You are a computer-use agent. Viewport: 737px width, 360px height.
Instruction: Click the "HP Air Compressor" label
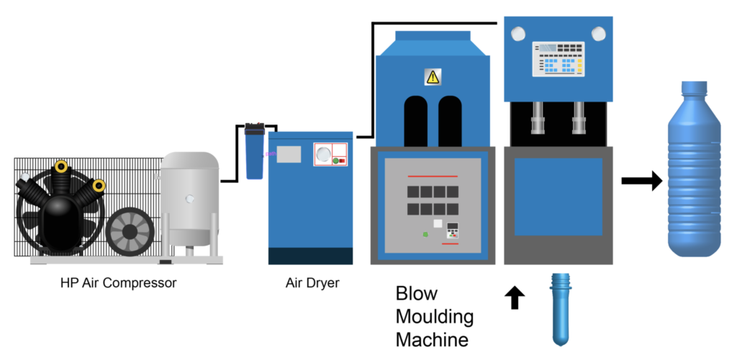(x=118, y=283)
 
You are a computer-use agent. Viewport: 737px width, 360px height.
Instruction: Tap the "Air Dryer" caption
(x=312, y=283)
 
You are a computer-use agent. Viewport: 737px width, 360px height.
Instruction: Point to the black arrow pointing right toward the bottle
(x=641, y=181)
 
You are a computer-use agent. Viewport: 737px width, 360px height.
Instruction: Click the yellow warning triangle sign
(x=432, y=76)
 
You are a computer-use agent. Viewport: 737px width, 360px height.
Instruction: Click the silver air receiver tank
(x=189, y=198)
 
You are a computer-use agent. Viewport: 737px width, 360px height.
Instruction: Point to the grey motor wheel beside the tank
(x=130, y=232)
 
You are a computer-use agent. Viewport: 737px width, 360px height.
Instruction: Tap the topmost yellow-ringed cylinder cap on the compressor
(x=61, y=167)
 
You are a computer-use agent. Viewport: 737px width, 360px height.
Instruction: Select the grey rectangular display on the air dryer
(x=289, y=154)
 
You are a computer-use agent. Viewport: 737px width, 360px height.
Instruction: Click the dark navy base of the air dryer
(x=310, y=256)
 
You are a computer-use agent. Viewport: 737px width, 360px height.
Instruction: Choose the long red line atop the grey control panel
(x=433, y=176)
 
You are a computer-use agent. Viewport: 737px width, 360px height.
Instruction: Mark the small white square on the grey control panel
(x=438, y=223)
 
